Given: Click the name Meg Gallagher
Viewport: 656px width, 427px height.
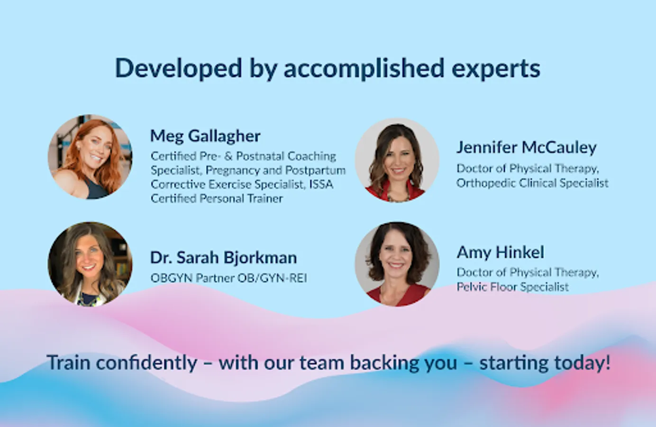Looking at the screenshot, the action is (205, 136).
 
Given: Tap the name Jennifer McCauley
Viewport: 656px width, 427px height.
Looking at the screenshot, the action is (527, 147).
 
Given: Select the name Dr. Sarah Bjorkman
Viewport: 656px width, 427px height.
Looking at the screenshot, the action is (223, 258).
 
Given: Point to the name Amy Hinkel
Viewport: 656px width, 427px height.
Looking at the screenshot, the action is (501, 252).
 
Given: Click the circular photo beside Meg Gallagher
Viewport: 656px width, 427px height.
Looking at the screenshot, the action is (90, 157).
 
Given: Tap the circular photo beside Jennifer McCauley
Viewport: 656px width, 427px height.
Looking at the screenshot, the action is (397, 160).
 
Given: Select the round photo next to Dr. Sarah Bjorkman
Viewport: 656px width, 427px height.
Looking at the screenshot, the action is (90, 264).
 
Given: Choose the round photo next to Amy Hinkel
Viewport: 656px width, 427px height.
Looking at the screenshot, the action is (397, 264).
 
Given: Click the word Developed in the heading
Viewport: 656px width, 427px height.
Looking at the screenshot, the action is (179, 68).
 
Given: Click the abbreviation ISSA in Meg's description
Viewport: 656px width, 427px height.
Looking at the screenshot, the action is (321, 185).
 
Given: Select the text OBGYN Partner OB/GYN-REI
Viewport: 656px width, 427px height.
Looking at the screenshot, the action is (229, 278).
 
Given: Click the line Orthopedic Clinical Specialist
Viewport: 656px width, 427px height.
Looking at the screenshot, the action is (532, 183).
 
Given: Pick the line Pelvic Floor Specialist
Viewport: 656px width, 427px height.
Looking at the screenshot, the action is (513, 287).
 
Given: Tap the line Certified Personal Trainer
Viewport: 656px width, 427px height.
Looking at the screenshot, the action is (217, 199).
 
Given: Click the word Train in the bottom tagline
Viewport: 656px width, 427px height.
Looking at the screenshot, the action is (69, 362).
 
